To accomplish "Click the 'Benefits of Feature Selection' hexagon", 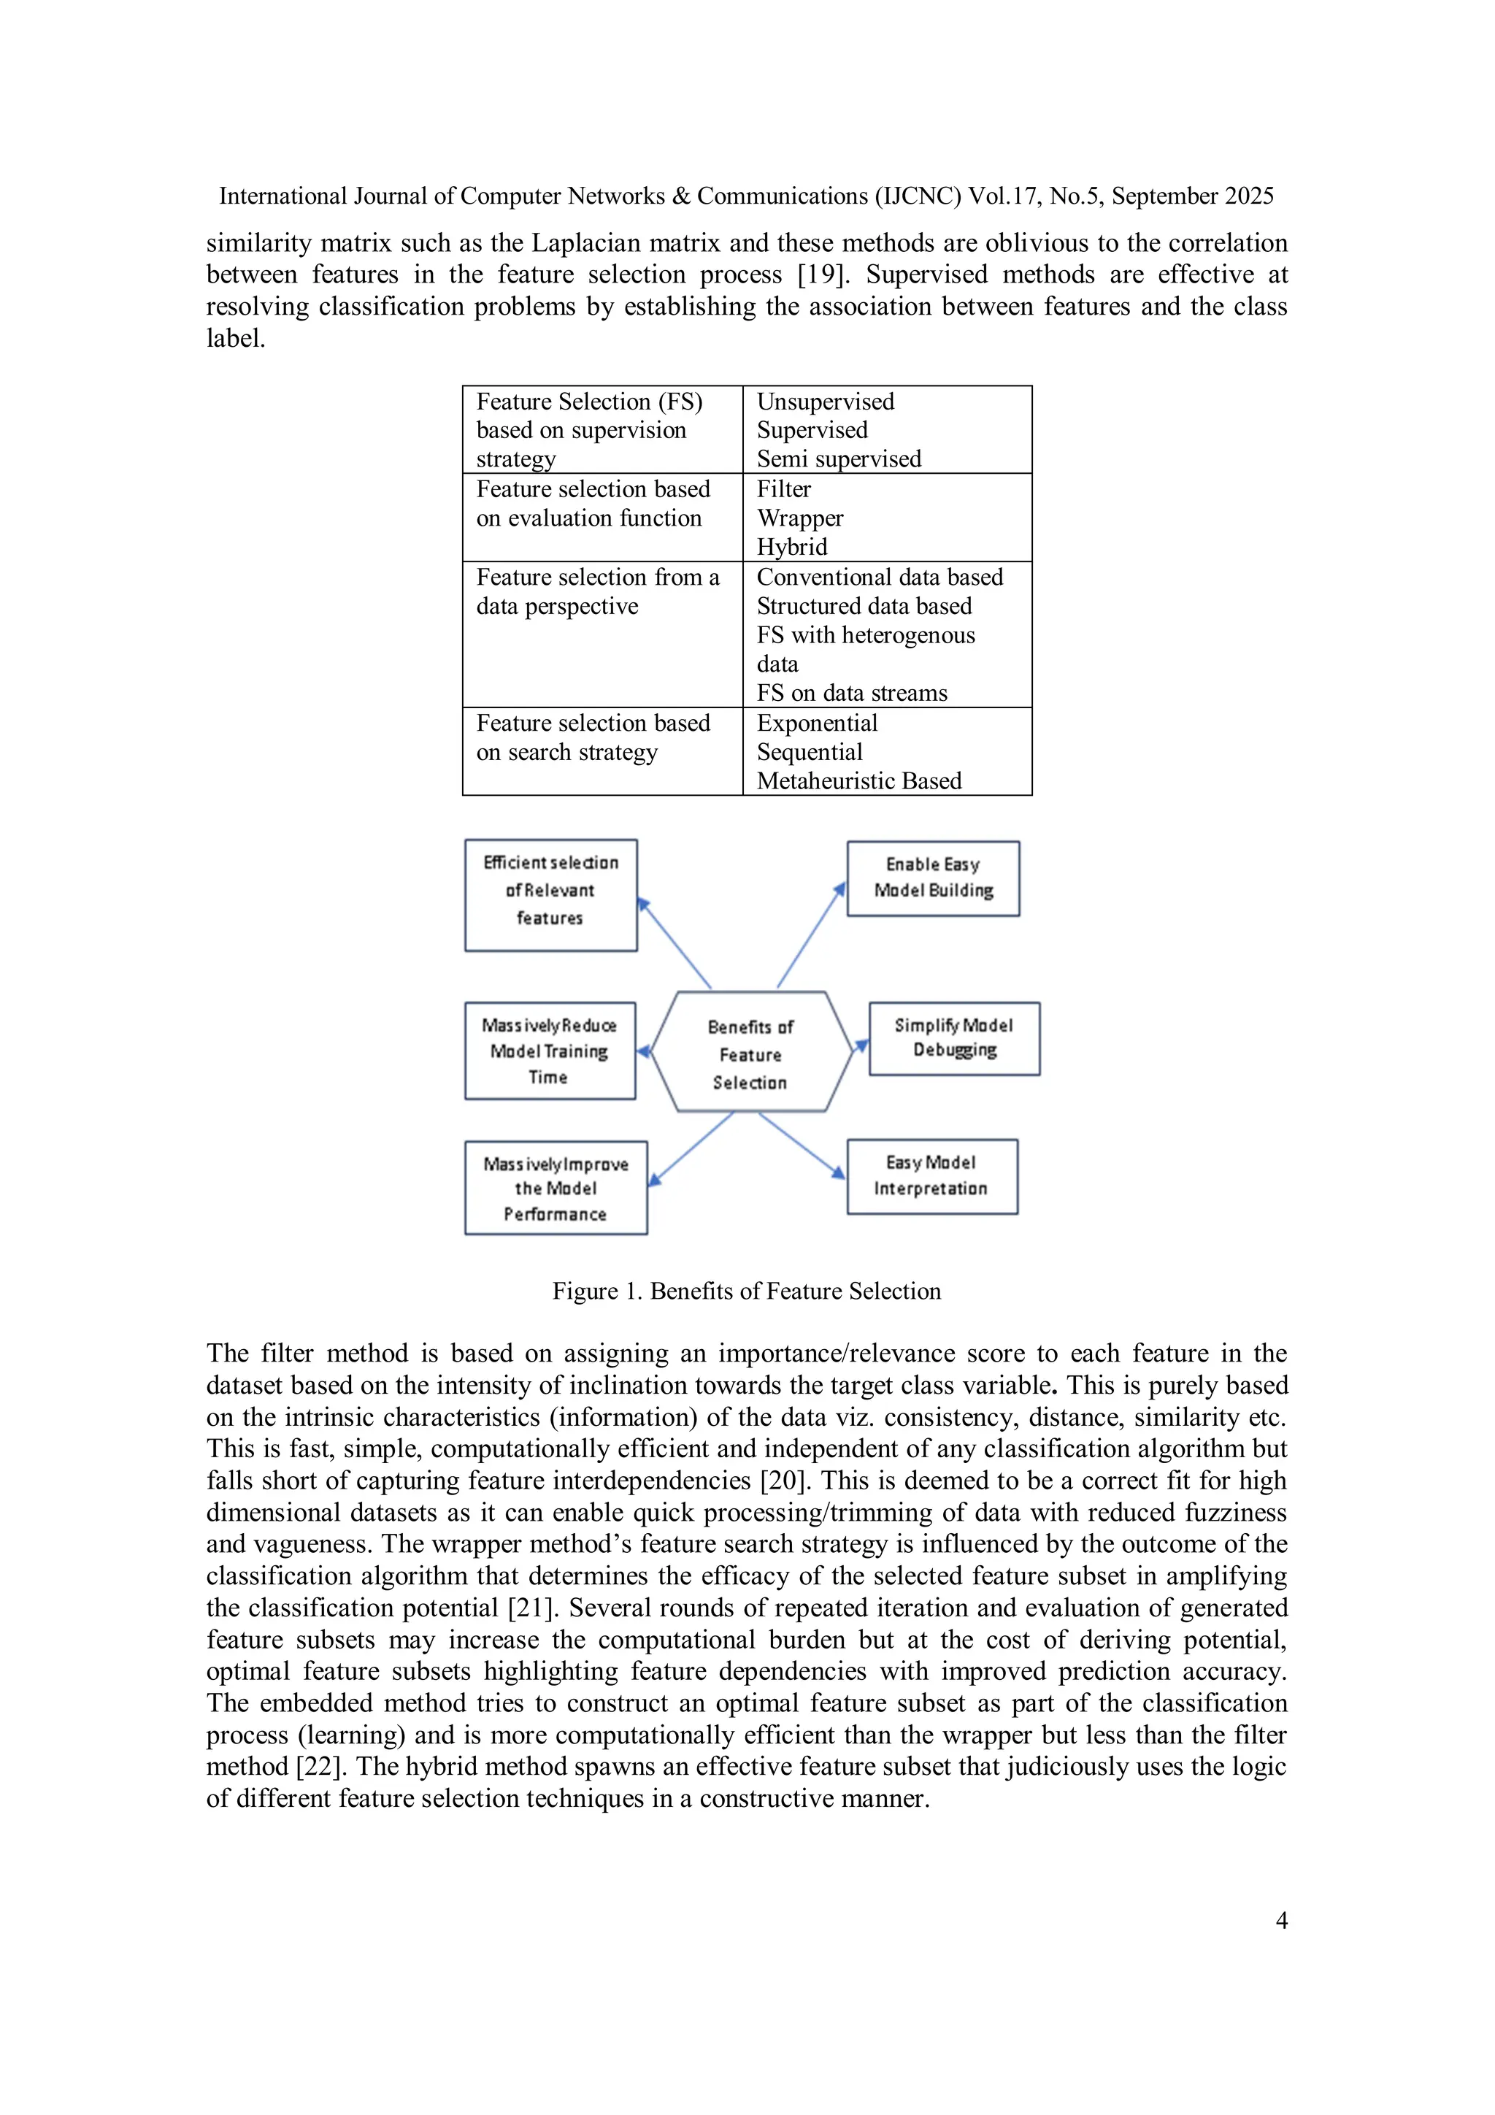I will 750,1053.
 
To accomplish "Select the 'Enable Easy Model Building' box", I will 932,878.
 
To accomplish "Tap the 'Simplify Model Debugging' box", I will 953,1038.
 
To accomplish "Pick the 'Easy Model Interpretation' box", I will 931,1176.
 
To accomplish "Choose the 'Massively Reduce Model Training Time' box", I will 549,1051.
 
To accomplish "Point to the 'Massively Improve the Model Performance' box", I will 556,1189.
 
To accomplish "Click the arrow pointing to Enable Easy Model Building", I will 809,937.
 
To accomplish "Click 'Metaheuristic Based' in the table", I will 858,781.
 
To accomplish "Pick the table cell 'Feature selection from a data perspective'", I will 597,591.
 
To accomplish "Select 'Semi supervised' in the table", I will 838,458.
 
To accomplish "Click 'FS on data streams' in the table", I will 851,693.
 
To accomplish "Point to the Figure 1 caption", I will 746,1291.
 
